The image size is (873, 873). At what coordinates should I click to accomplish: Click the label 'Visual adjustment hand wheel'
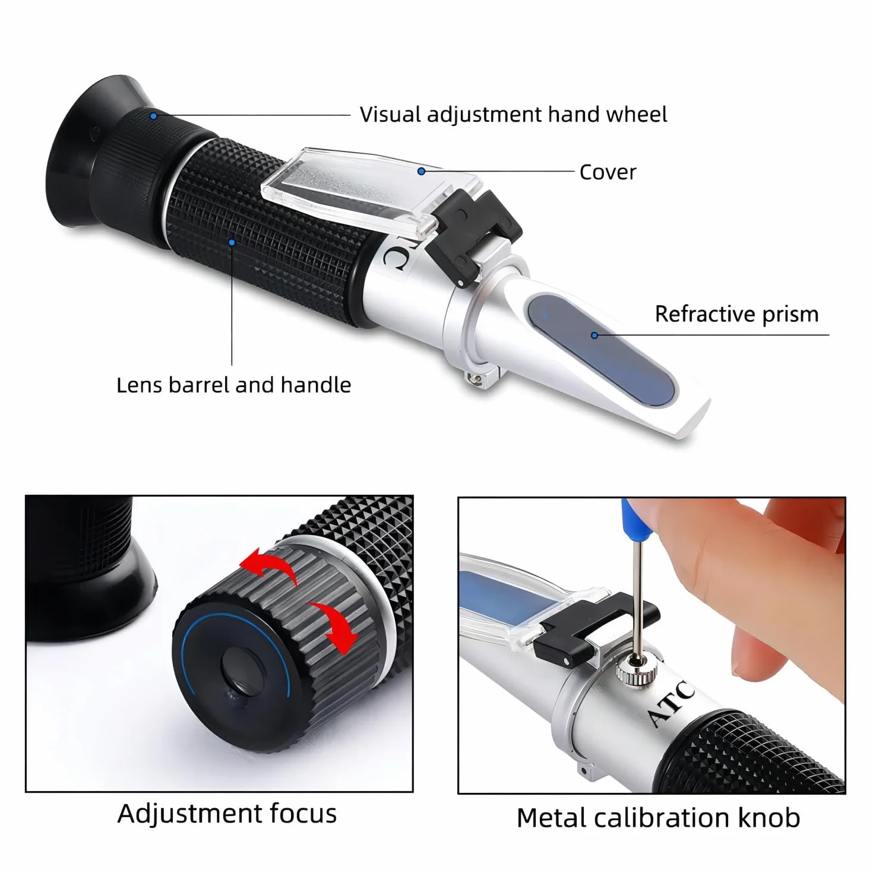point(513,115)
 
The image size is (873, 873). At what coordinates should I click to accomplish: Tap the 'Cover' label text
point(608,172)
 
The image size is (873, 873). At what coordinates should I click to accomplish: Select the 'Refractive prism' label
point(736,314)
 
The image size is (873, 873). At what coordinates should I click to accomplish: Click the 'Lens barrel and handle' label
point(234,385)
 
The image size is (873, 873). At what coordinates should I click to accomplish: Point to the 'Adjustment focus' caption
point(227,813)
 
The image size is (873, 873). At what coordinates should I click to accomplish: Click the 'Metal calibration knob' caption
point(658,818)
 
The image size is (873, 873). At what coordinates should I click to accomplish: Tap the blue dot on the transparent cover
point(421,171)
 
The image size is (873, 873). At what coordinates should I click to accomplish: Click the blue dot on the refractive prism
point(594,336)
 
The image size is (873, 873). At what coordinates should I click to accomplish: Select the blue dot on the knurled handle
point(232,242)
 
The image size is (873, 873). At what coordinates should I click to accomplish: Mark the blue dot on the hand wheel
point(154,116)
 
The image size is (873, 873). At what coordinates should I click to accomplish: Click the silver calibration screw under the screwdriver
point(636,675)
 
